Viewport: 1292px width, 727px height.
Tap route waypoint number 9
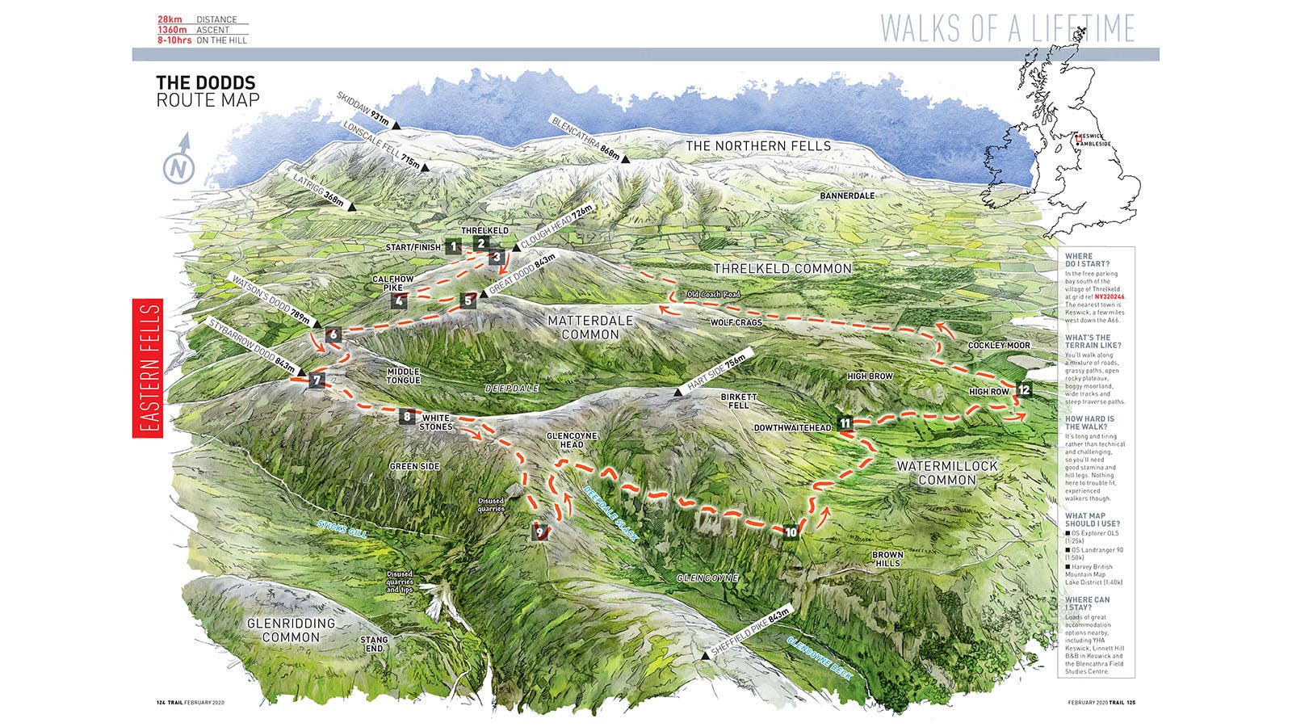(x=540, y=532)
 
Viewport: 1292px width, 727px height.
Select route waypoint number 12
(x=1024, y=389)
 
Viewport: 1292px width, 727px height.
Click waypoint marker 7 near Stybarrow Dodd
(x=317, y=380)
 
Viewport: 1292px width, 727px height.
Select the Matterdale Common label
(x=590, y=327)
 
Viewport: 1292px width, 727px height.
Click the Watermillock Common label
(x=947, y=473)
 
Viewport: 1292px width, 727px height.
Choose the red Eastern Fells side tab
(x=148, y=368)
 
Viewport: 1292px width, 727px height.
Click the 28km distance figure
(x=170, y=19)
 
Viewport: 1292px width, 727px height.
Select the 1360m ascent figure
(x=173, y=30)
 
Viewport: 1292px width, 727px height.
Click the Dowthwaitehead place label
(x=792, y=427)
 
